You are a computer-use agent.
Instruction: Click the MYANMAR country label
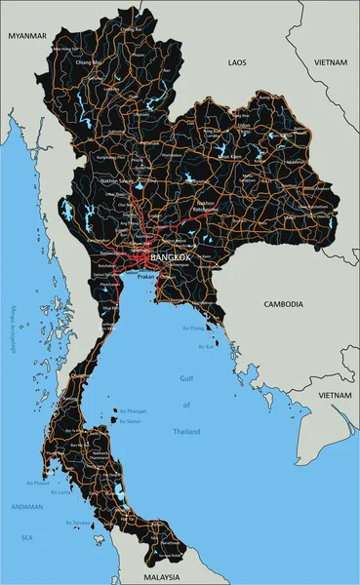[x=27, y=35]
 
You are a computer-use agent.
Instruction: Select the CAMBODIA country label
[x=284, y=304]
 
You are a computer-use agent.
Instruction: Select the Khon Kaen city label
[x=228, y=156]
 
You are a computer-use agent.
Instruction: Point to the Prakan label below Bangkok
[x=146, y=276]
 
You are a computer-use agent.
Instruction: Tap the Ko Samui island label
[x=130, y=421]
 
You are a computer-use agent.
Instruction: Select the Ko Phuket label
[x=38, y=483]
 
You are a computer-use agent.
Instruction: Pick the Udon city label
[x=243, y=125]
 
